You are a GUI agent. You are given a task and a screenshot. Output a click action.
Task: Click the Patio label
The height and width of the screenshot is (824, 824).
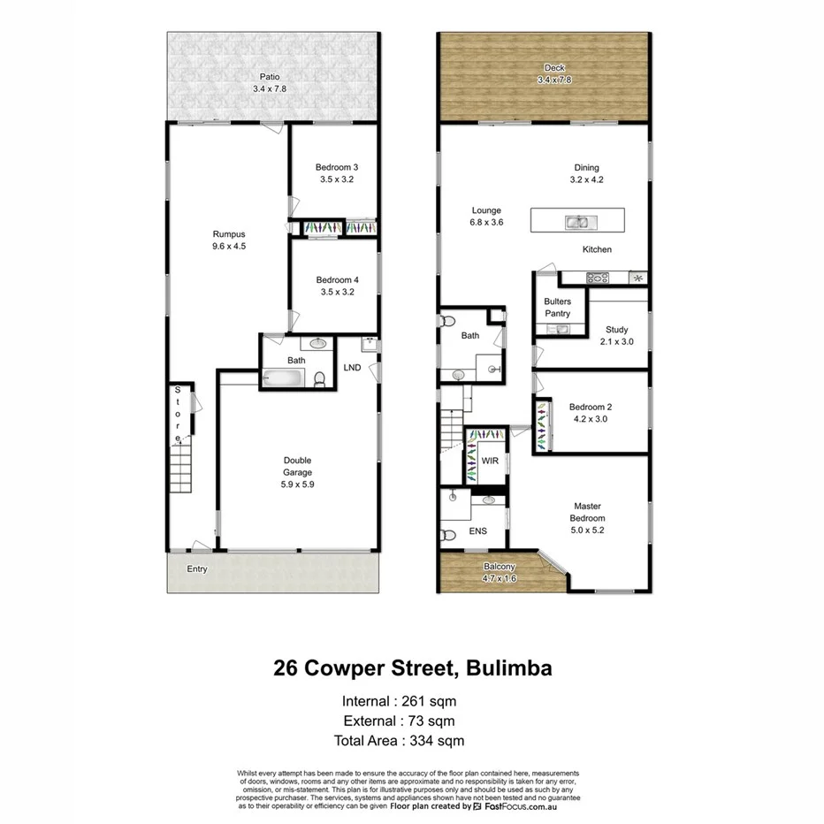[270, 77]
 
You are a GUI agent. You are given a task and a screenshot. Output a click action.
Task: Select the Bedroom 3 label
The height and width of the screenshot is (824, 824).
[336, 167]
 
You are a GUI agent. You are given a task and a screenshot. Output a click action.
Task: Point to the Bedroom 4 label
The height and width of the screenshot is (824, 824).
[336, 280]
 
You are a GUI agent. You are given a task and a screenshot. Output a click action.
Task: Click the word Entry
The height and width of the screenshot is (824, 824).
[197, 568]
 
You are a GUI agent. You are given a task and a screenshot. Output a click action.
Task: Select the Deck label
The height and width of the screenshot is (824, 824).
[554, 68]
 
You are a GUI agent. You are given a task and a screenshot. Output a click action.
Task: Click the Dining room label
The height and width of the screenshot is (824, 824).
[586, 168]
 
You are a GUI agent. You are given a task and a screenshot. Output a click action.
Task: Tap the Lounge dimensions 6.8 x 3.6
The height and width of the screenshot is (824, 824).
[486, 223]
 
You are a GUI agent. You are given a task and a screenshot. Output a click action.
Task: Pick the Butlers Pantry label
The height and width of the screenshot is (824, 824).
[557, 308]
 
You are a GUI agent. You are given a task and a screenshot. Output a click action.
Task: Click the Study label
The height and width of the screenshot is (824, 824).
[616, 330]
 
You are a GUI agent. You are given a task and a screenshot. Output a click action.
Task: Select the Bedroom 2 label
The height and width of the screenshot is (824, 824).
[591, 408]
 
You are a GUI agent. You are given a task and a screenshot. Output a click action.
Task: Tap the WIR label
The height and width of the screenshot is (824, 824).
[490, 462]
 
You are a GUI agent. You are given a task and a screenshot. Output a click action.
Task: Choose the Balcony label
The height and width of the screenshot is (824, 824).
[500, 567]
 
